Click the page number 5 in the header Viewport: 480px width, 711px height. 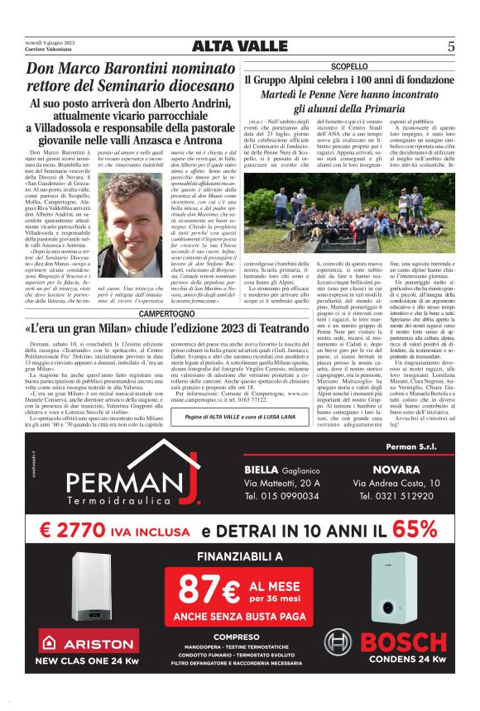(x=451, y=46)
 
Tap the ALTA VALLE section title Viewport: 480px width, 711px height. (x=240, y=46)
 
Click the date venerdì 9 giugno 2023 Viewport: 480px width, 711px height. (x=49, y=42)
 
